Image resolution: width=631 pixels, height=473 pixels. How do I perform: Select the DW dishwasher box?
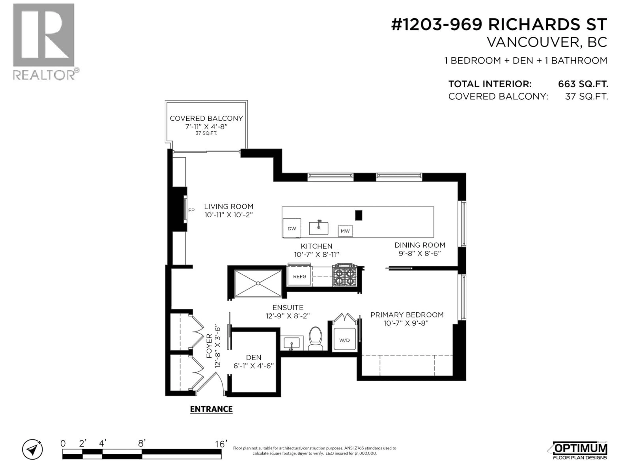tap(292, 228)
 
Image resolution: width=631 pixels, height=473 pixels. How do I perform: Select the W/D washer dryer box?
tap(344, 340)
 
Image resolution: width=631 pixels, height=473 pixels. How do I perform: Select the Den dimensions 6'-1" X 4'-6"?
tap(253, 366)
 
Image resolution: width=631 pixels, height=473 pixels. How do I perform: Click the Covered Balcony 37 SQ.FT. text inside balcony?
tap(206, 133)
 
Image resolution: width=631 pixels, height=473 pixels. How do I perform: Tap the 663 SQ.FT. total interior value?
tap(583, 84)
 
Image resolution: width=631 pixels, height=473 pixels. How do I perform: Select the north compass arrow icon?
tap(33, 450)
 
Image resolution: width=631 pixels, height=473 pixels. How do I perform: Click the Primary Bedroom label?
tap(407, 315)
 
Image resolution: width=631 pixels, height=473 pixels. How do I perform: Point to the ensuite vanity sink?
tap(291, 342)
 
